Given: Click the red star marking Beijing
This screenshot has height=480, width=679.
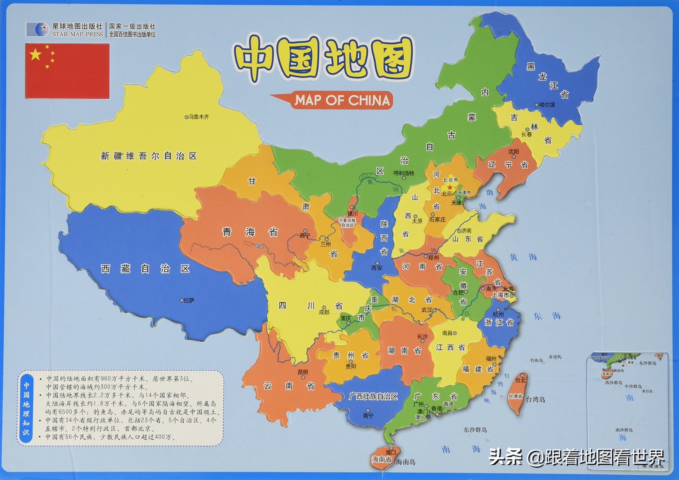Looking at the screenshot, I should pyautogui.click(x=450, y=187).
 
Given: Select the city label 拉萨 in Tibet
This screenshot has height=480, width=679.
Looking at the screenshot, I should pyautogui.click(x=189, y=300).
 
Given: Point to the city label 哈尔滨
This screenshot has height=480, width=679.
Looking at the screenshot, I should pyautogui.click(x=547, y=105).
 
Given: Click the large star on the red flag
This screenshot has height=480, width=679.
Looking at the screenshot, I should pyautogui.click(x=35, y=55).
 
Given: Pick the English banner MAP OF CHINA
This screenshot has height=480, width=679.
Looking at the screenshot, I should pyautogui.click(x=342, y=100).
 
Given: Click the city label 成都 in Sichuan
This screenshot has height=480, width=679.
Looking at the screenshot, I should pyautogui.click(x=324, y=312).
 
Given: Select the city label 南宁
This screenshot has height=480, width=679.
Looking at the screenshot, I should pyautogui.click(x=368, y=416).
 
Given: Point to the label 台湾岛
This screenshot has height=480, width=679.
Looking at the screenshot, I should pyautogui.click(x=535, y=400).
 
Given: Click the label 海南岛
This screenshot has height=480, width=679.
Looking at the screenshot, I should pyautogui.click(x=406, y=462).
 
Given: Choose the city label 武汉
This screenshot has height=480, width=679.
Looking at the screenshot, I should pyautogui.click(x=427, y=310).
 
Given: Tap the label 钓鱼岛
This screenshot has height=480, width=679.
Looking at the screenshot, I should pyautogui.click(x=537, y=360).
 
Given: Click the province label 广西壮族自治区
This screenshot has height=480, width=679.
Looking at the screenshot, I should pyautogui.click(x=373, y=397).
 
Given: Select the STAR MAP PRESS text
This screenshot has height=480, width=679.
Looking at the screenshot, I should pyautogui.click(x=77, y=34).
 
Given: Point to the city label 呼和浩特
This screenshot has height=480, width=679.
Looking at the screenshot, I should pyautogui.click(x=404, y=173).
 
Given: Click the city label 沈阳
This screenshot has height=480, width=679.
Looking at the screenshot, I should pyautogui.click(x=513, y=152).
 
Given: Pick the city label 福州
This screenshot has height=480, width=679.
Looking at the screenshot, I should pyautogui.click(x=491, y=359).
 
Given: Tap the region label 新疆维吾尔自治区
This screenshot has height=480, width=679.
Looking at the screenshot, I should pyautogui.click(x=149, y=156).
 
